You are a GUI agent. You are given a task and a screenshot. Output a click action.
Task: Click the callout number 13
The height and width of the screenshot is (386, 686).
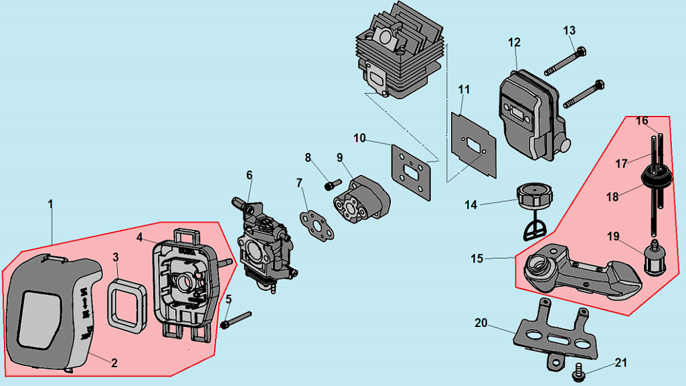[569, 31]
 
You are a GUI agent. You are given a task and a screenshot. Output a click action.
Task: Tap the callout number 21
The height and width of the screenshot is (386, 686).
[621, 363]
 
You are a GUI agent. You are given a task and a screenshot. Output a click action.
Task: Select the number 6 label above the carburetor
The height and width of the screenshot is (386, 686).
[249, 176]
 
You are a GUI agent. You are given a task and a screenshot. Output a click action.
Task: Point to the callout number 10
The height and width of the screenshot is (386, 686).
[360, 138]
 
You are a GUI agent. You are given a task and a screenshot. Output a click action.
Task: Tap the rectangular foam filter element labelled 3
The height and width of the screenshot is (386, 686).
[127, 305]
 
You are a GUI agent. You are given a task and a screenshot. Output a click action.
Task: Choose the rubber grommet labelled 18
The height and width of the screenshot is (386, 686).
[648, 178]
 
